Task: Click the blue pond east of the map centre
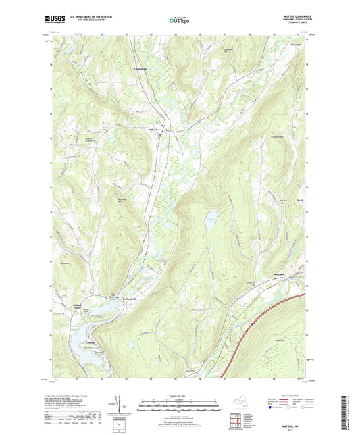click(211, 217)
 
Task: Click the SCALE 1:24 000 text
click(179, 396)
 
